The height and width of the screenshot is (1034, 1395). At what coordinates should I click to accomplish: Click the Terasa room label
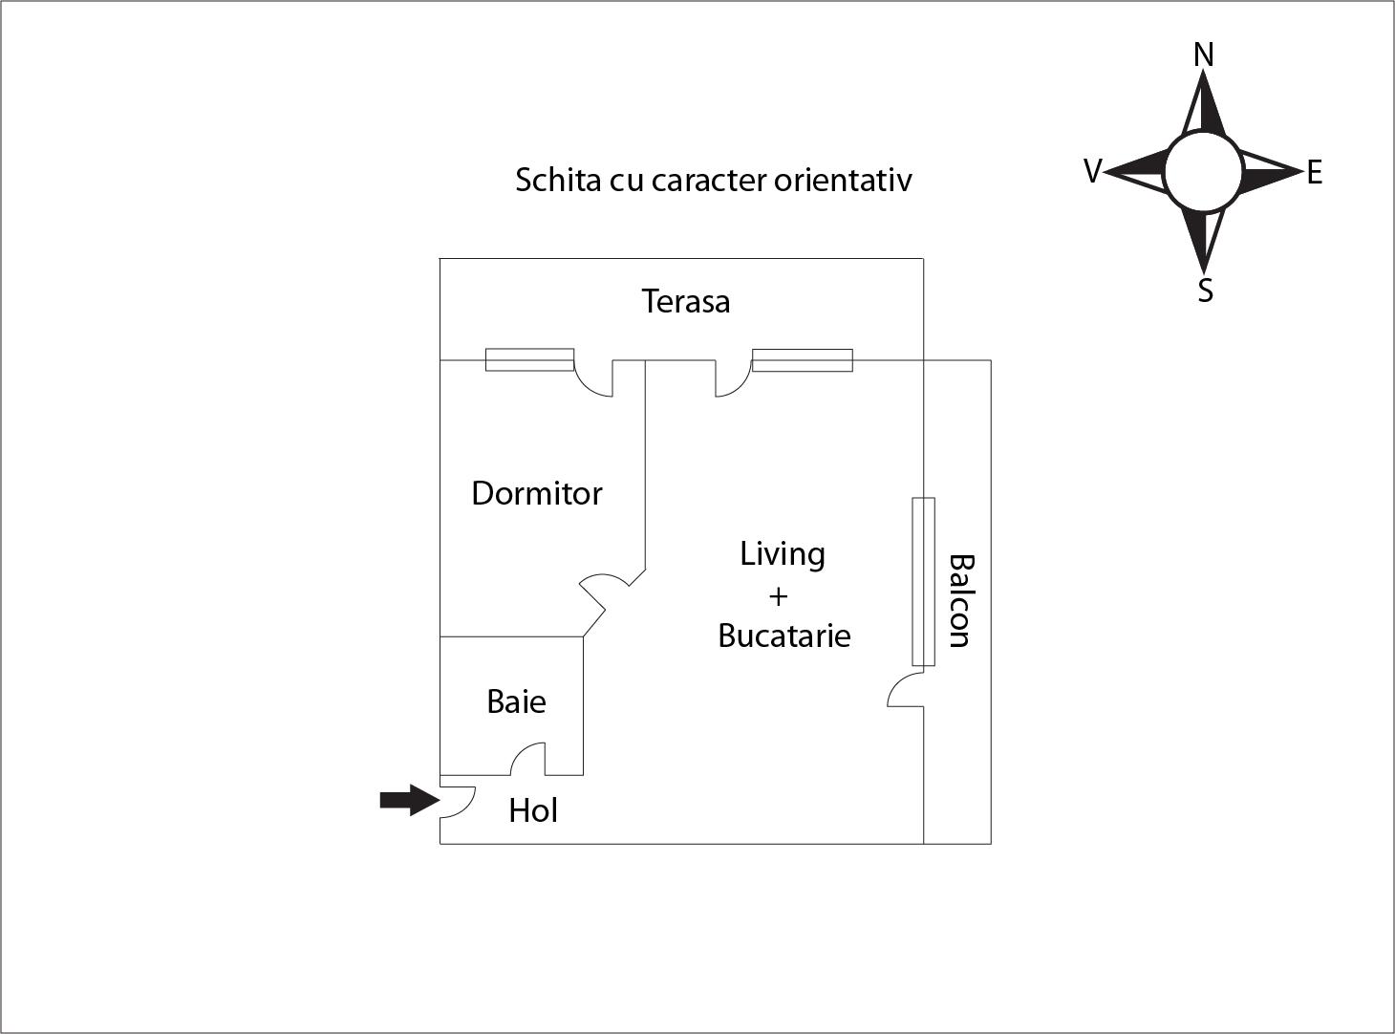[685, 301]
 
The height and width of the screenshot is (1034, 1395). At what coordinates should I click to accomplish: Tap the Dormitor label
[537, 493]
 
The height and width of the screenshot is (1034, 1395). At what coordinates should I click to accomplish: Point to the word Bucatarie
[784, 635]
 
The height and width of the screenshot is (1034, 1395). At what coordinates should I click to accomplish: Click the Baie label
[516, 701]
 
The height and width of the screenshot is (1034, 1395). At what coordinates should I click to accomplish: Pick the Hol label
[533, 810]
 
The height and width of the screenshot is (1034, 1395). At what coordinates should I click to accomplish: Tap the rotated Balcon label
[962, 601]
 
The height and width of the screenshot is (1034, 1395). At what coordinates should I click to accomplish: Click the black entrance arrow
[410, 800]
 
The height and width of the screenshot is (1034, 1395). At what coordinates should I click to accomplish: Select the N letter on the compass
[1204, 54]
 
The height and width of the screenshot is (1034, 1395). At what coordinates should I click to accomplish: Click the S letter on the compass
[1205, 291]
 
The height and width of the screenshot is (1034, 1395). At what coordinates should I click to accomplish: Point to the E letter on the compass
[1315, 172]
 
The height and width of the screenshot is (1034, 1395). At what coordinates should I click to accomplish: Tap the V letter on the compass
[1093, 170]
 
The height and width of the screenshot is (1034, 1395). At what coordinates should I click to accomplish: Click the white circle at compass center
[1203, 171]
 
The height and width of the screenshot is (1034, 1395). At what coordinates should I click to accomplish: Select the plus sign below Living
[779, 596]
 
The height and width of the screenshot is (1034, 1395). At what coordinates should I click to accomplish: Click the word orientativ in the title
[843, 180]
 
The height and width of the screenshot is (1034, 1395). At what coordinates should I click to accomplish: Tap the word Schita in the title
[558, 180]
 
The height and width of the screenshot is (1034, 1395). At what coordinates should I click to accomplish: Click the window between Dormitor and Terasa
[529, 359]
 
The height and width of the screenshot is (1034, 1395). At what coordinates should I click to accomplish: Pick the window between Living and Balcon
[923, 582]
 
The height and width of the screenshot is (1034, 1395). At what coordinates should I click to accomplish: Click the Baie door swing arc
[527, 759]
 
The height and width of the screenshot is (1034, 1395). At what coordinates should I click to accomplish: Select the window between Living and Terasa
[803, 360]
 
